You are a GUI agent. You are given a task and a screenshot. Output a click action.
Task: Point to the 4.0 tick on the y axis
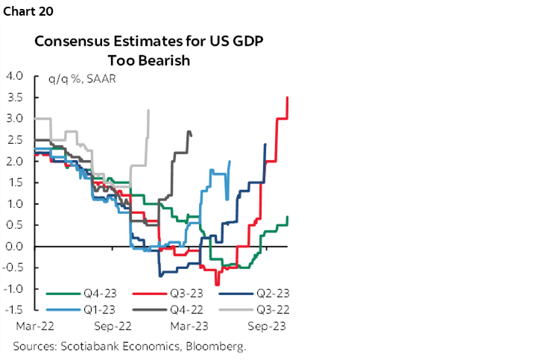pyautogui.click(x=15, y=75)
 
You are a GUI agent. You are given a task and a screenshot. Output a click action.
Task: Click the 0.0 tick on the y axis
pyautogui.click(x=15, y=247)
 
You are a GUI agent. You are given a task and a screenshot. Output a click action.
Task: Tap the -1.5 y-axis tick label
pyautogui.click(x=13, y=311)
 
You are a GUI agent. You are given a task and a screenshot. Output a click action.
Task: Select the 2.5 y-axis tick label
pyautogui.click(x=15, y=139)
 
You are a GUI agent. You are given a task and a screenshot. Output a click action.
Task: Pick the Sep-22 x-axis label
pyautogui.click(x=113, y=326)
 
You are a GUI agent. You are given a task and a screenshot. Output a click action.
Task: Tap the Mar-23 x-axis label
pyautogui.click(x=191, y=326)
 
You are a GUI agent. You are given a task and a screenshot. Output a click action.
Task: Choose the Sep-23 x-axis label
pyautogui.click(x=267, y=326)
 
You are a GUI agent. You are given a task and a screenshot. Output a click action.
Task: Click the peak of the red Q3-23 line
pyautogui.click(x=288, y=98)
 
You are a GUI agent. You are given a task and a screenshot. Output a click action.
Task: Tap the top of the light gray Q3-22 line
pyautogui.click(x=149, y=110)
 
